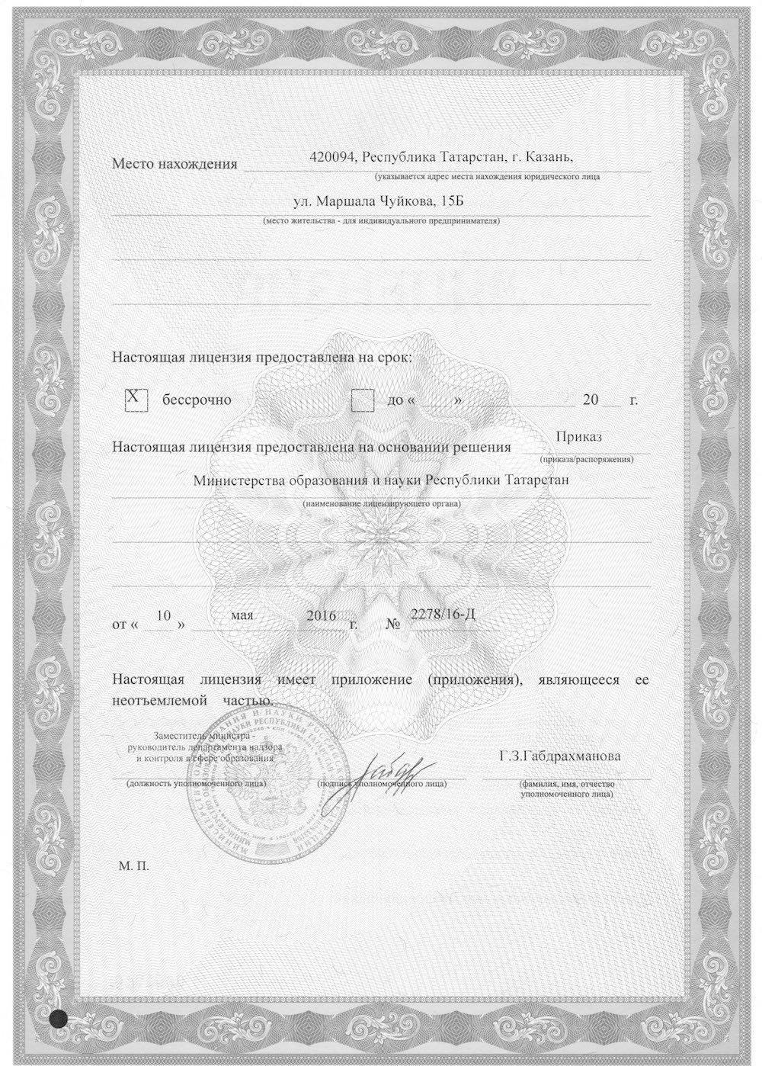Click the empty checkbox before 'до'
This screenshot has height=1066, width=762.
point(363,400)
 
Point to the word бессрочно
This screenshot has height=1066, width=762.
point(196,400)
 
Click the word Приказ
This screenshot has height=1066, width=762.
point(579,437)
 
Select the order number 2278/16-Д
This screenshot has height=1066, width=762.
point(443,615)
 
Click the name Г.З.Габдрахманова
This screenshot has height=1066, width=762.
point(560,756)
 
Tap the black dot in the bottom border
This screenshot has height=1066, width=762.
point(56,1018)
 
